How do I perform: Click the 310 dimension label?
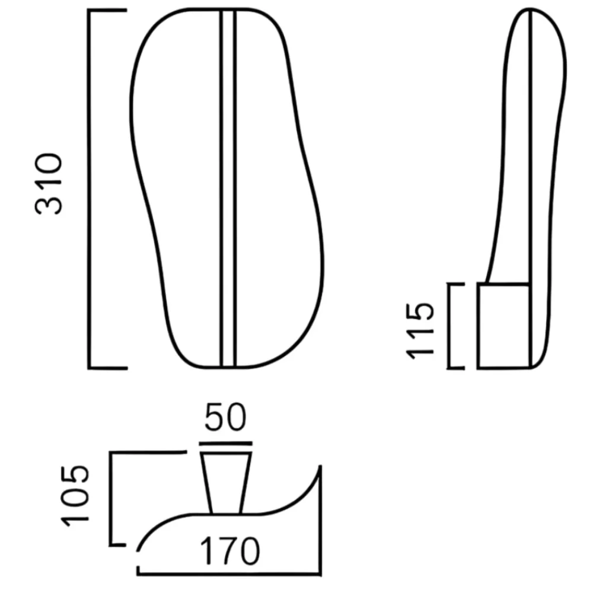(49, 184)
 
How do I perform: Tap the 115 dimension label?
(419, 330)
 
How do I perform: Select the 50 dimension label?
(225, 417)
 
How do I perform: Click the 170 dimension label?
(230, 551)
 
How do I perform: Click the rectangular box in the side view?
(503, 326)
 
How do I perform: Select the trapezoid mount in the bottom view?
(226, 483)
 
